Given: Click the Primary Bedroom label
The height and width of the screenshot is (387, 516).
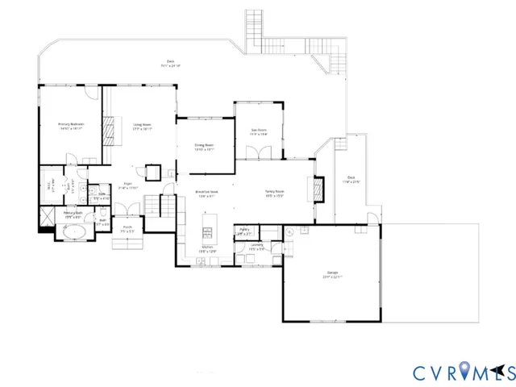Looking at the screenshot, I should click(x=71, y=126).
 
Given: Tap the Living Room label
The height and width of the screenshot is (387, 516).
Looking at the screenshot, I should click(x=143, y=126).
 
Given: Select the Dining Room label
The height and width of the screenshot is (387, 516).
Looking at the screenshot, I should click(x=204, y=147).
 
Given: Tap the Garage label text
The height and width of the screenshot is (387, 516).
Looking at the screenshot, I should click(x=327, y=275).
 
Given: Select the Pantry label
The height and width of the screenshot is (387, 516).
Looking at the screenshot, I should click(x=244, y=231).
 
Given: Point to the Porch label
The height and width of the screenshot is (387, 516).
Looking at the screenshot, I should click(x=127, y=230).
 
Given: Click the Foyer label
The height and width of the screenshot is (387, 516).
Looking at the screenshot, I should click(x=127, y=185).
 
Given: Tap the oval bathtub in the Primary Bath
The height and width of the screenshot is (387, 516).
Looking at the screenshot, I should click(x=73, y=235).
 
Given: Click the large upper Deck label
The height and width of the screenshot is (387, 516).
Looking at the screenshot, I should click(x=171, y=62).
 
